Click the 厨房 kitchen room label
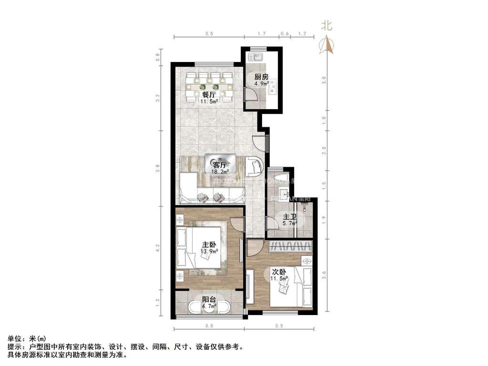pyautogui.click(x=261, y=77)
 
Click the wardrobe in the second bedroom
pyautogui.click(x=291, y=247)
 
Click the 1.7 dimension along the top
pyautogui.click(x=261, y=33)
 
